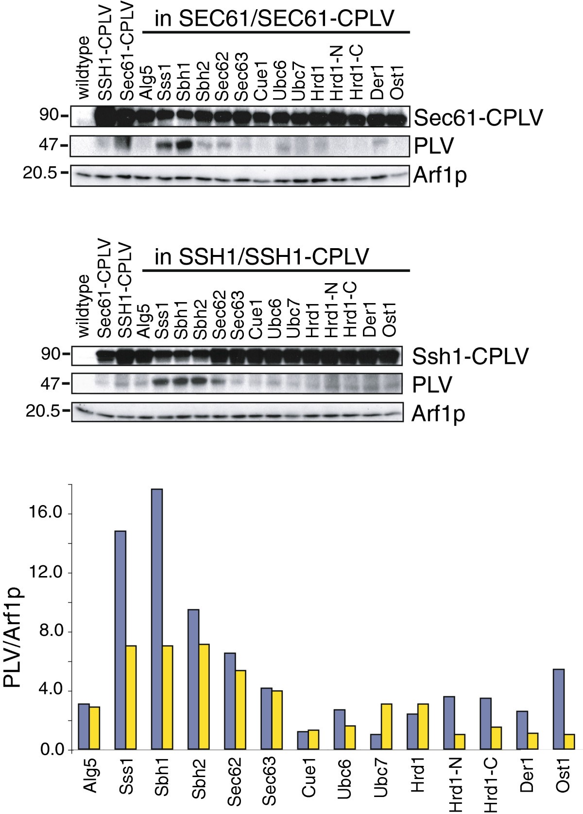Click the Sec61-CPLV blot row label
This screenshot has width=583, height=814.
point(478,118)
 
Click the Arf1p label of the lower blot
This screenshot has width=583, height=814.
point(439,414)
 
